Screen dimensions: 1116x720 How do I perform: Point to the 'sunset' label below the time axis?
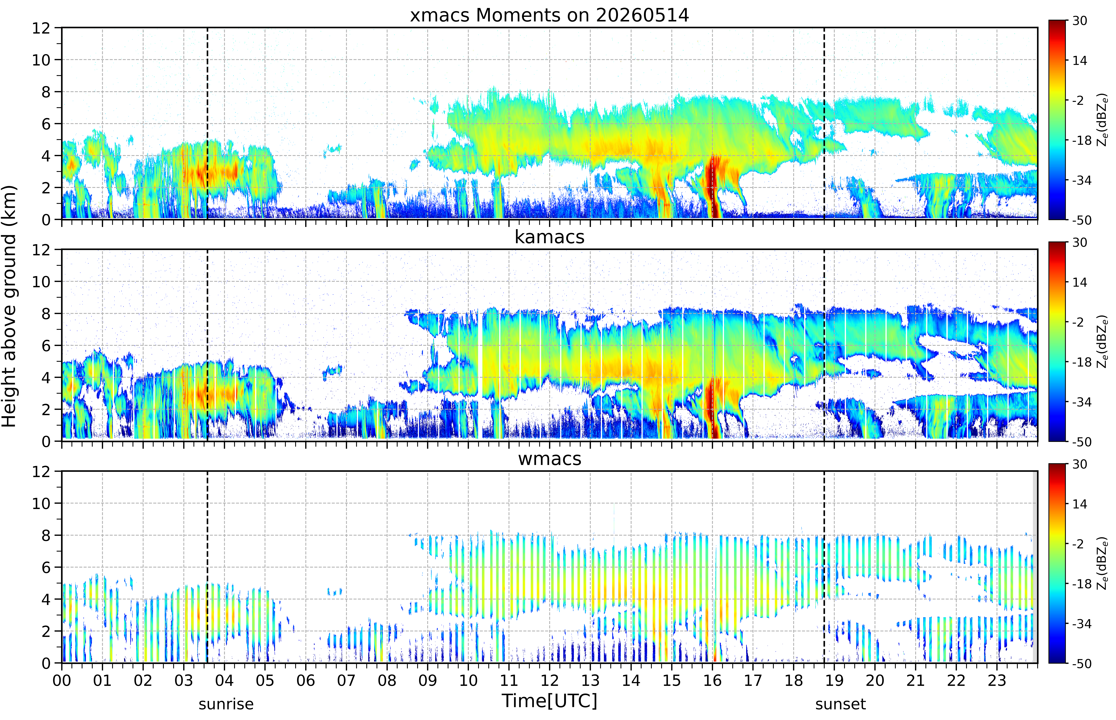[x=841, y=704]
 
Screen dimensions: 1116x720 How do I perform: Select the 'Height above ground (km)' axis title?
[x=9, y=306]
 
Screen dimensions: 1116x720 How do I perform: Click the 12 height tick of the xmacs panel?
[x=41, y=28]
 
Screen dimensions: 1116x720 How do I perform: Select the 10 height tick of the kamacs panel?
[x=41, y=281]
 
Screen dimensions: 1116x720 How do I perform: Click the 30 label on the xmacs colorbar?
[x=1079, y=21]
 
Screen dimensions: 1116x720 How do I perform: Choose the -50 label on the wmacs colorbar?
[x=1082, y=663]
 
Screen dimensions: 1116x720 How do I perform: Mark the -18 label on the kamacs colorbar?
[x=1082, y=362]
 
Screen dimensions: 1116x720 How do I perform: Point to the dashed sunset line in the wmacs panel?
[x=824, y=567]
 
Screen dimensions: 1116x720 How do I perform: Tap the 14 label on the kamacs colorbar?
[x=1079, y=282]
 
